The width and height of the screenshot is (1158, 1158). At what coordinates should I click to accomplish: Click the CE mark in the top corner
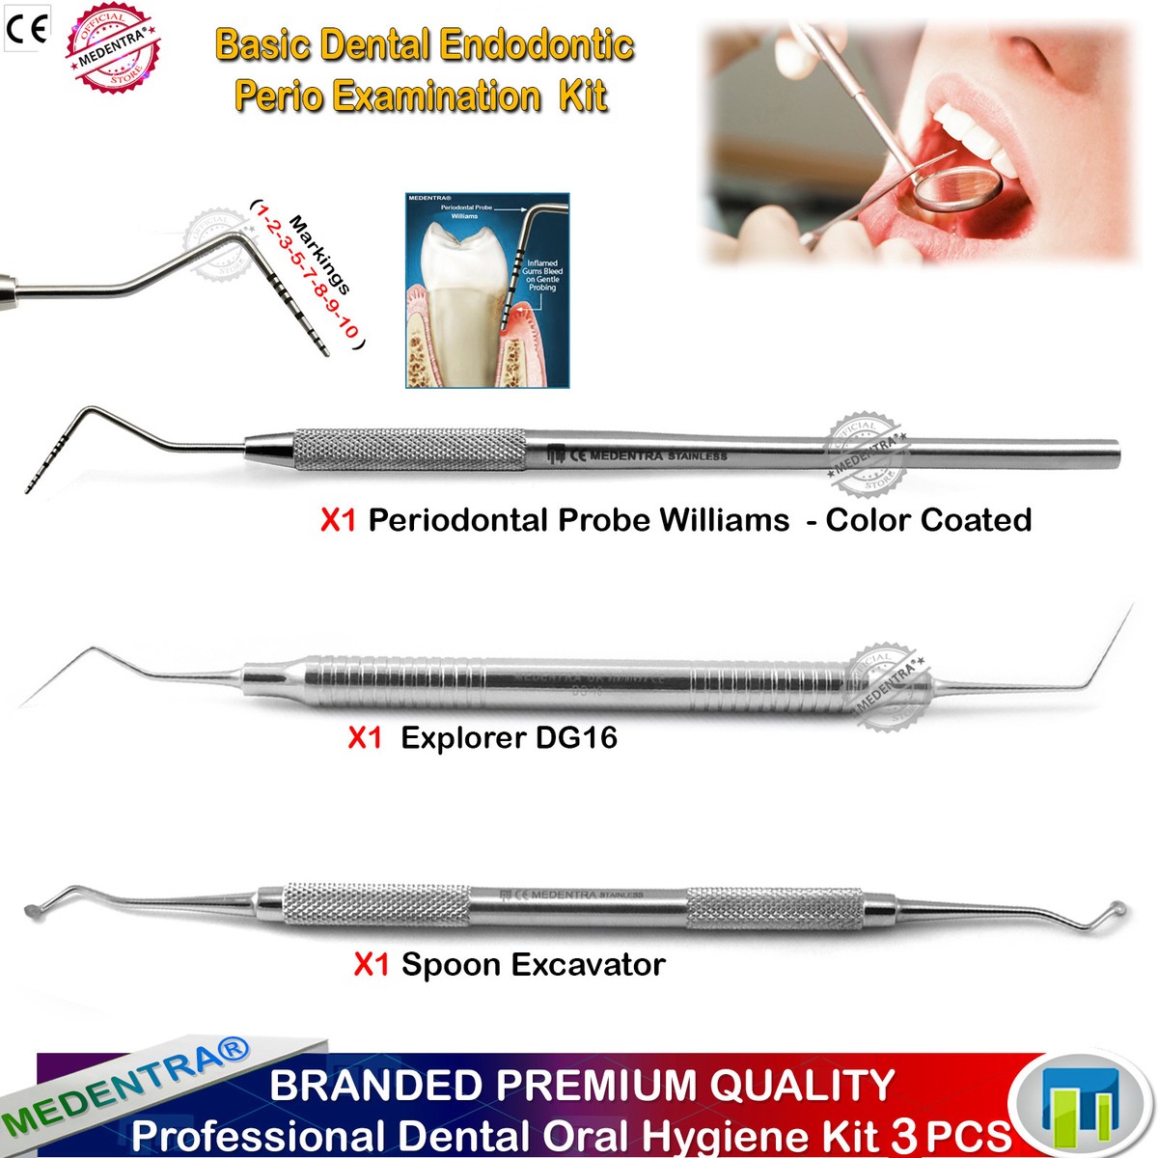26,28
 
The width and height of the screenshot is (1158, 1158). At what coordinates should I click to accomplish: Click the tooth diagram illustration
486,290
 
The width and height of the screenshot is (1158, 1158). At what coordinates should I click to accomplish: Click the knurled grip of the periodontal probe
410,450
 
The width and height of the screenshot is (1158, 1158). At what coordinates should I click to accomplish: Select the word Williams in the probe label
724,520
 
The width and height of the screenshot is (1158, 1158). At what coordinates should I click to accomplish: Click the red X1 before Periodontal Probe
339,521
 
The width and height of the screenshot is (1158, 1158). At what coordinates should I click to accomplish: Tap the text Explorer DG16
509,738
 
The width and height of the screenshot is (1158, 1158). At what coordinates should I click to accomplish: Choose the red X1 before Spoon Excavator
372,964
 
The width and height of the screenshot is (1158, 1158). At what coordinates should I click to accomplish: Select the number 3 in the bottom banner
905,1136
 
